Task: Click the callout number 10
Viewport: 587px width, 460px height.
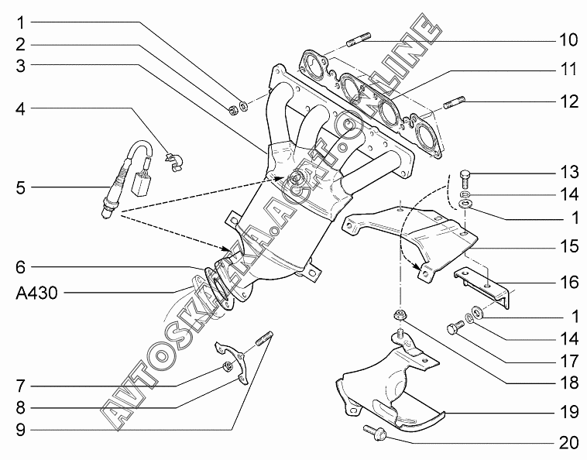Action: click(x=568, y=38)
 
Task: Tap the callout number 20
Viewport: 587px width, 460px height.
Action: click(x=568, y=442)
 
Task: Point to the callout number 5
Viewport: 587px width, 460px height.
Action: click(x=22, y=187)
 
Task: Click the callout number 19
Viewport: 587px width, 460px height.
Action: click(x=568, y=414)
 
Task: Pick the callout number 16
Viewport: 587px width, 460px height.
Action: click(x=568, y=282)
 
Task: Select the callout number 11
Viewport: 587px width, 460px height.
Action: click(x=568, y=70)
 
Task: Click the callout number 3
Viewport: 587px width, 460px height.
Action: click(x=22, y=66)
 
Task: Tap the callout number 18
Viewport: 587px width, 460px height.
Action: click(x=568, y=383)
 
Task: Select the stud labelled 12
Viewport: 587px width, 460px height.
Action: click(x=455, y=100)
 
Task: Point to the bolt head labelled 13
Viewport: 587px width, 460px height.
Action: click(x=465, y=173)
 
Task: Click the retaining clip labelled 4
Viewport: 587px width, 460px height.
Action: click(x=176, y=160)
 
